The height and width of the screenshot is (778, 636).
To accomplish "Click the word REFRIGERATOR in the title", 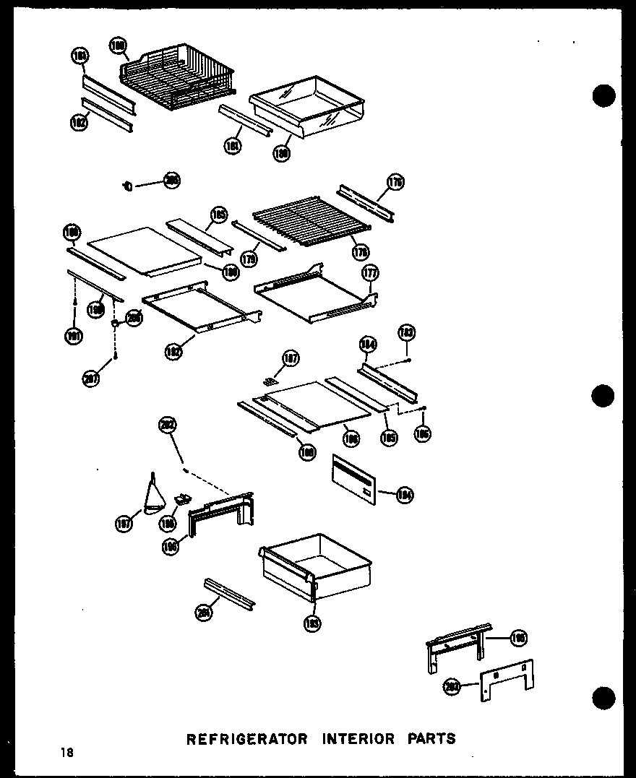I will tap(247, 739).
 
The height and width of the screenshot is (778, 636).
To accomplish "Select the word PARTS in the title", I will tap(431, 739).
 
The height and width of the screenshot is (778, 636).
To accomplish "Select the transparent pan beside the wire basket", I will tap(306, 106).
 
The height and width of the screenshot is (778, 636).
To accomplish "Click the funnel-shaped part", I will tap(153, 496).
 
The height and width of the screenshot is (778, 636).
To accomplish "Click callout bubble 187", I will tap(291, 358).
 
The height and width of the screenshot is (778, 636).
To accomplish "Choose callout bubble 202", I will tap(168, 425).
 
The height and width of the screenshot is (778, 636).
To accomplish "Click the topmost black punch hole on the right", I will tap(603, 95).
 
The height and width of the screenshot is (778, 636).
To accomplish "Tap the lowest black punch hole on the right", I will tap(603, 698).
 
